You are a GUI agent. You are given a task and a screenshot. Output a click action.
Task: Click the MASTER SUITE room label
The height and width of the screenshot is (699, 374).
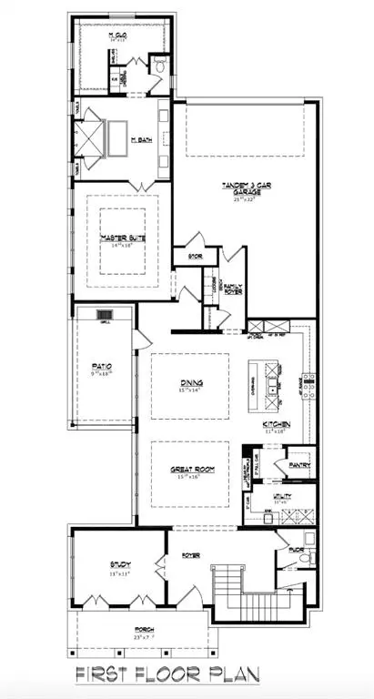pyautogui.click(x=119, y=239)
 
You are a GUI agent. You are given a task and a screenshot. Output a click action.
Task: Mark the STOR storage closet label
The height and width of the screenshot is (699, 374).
pyautogui.click(x=194, y=256)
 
